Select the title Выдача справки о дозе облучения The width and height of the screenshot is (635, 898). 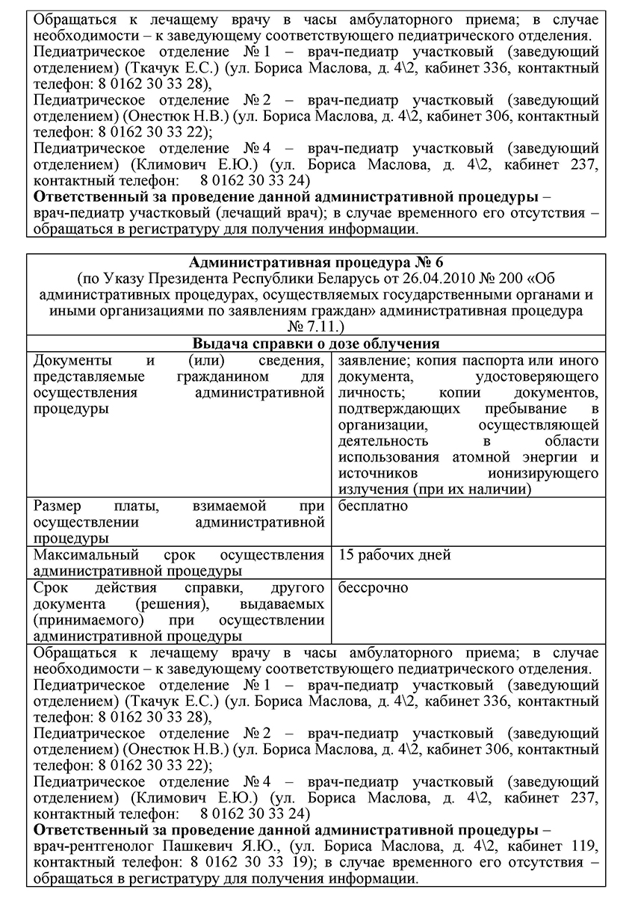[316, 344]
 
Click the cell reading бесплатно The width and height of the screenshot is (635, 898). [373, 507]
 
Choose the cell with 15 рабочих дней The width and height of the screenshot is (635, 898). [394, 555]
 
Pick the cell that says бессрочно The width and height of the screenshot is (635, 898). [373, 587]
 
